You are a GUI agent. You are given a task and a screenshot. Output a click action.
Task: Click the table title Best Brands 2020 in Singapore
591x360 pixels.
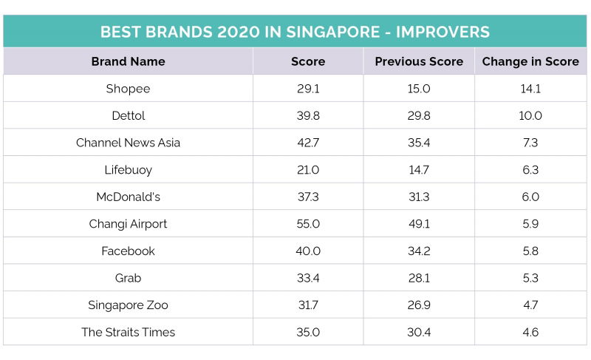tap(295, 33)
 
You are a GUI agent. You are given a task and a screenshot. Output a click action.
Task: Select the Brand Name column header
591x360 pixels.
tap(128, 61)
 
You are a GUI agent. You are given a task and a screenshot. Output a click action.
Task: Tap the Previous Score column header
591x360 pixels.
tap(419, 61)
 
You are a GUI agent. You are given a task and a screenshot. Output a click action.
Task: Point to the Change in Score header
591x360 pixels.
tap(530, 61)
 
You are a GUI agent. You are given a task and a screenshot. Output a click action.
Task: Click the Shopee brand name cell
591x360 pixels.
tap(128, 89)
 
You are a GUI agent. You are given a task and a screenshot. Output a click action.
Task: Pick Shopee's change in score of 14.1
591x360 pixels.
tap(530, 89)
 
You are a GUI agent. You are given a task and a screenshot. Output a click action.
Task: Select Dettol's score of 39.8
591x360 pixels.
tap(308, 115)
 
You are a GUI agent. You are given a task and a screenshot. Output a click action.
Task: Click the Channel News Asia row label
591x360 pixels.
tap(128, 143)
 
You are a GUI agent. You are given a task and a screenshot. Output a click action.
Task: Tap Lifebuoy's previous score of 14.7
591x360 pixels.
tap(419, 170)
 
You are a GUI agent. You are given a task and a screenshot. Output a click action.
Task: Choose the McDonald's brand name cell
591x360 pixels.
tap(128, 197)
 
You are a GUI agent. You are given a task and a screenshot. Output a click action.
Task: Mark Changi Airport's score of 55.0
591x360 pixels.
tap(308, 224)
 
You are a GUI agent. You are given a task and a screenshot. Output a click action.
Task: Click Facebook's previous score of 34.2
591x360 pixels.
tap(419, 251)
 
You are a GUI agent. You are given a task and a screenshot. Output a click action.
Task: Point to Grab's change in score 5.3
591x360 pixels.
tap(530, 278)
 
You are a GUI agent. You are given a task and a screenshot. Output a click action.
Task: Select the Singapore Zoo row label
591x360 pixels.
tap(128, 305)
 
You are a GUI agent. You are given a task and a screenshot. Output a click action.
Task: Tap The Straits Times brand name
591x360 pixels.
tap(128, 332)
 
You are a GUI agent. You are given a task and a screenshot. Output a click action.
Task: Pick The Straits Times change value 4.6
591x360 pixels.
tap(530, 332)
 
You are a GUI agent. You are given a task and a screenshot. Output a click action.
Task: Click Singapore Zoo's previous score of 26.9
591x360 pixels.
tap(419, 305)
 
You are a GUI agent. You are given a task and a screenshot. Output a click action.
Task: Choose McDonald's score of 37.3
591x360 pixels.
tap(308, 197)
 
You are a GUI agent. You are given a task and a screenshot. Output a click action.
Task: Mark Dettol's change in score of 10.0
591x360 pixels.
tap(530, 115)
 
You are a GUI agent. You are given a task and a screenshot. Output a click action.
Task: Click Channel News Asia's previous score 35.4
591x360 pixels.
tap(419, 143)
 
